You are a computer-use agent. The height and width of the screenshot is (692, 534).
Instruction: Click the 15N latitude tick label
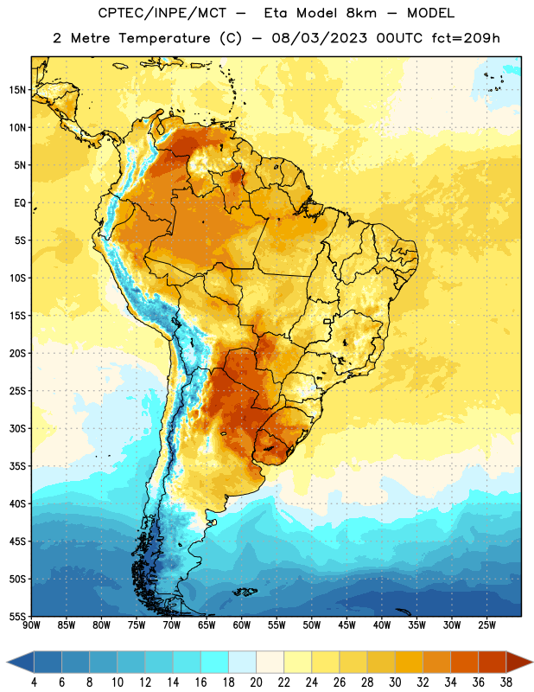pos(17,90)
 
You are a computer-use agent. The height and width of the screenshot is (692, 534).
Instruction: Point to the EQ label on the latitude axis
pos(20,203)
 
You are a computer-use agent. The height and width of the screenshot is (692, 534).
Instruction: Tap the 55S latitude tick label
pos(17,617)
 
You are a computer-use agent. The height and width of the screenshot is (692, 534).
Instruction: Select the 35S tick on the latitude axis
pos(17,466)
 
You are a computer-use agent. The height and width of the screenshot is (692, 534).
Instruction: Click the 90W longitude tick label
pos(31,625)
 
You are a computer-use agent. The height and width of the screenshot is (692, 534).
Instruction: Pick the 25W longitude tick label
pos(486,625)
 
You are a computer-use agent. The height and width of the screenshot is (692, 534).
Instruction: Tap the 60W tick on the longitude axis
pos(242,625)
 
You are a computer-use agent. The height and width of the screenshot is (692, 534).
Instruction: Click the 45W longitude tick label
pos(346,625)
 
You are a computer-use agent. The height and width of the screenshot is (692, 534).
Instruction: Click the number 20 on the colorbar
pos(256,682)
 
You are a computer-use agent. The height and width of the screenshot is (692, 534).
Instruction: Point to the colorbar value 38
pos(506,682)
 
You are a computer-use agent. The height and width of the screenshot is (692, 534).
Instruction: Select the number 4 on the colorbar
pos(34,682)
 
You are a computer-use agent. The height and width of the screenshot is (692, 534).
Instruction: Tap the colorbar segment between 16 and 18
pos(214,662)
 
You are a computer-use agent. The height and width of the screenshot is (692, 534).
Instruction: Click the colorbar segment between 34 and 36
pos(464,662)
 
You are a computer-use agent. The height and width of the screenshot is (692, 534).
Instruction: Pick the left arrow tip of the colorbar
pos(7,662)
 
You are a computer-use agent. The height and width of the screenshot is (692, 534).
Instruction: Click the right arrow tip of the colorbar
pos(533,662)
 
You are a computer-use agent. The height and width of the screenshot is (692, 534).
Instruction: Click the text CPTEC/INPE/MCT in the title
pos(162,13)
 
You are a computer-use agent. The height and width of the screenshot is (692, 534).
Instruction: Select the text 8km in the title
pos(361,13)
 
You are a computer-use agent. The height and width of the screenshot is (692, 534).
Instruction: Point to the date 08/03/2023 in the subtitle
pos(319,38)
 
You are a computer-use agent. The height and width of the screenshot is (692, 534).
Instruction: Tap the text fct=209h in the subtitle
pos(466,38)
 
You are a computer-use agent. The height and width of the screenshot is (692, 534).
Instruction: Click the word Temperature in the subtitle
pos(164,39)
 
